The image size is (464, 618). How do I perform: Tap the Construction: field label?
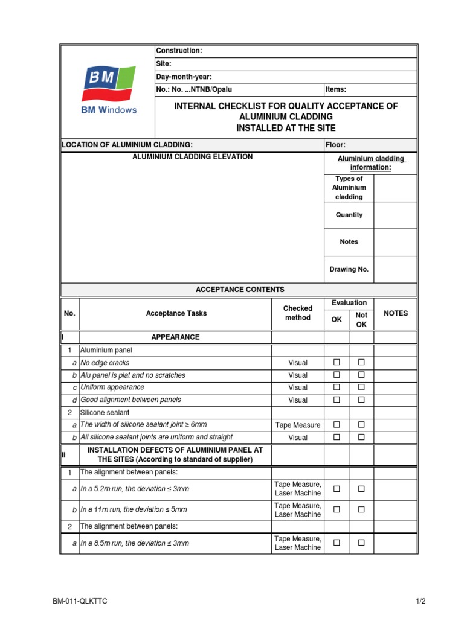coord(179,51)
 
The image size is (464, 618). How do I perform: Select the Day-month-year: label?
coord(184,77)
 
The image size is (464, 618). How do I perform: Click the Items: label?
coord(336,89)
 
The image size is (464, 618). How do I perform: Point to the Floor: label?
coord(336,145)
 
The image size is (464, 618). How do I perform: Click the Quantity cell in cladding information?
coord(349,215)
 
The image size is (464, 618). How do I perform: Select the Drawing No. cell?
coord(349,269)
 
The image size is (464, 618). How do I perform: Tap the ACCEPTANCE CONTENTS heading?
coord(240,290)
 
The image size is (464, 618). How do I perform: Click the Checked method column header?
coord(297,313)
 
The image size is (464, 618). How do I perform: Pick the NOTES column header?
coord(396,313)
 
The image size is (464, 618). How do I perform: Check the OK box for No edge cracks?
coord(337,363)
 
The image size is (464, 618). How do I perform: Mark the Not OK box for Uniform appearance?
coord(361,387)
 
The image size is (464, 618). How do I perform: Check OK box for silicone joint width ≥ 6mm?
coord(337,425)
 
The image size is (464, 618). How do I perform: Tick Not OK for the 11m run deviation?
coord(361,509)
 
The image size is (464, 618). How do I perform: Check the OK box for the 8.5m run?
coord(337,543)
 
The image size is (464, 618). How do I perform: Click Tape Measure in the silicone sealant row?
coord(298,425)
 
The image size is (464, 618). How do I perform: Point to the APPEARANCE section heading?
coord(175,337)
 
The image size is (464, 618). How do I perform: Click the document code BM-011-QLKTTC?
coord(80,601)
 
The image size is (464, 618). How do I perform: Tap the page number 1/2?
coord(421,601)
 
